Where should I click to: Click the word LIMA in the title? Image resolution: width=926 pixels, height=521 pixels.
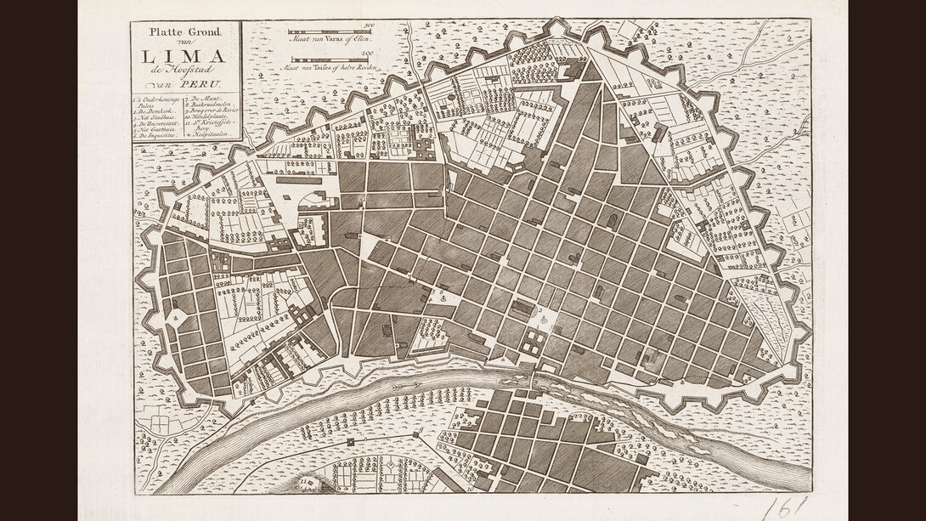(x=184, y=57)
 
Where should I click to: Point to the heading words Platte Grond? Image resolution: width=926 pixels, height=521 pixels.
(x=184, y=32)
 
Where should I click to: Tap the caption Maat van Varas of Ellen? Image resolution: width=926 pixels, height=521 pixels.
(x=330, y=39)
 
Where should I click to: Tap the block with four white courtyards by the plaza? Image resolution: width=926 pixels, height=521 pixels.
(x=534, y=343)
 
